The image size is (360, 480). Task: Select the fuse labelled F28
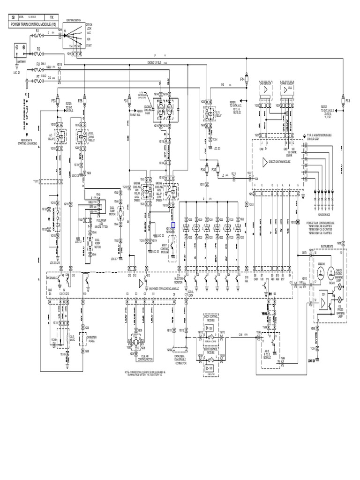pyautogui.click(x=81, y=101)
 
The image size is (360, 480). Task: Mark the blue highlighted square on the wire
pyautogui.click(x=173, y=225)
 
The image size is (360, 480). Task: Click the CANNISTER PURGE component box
pyautogui.click(x=87, y=340)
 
